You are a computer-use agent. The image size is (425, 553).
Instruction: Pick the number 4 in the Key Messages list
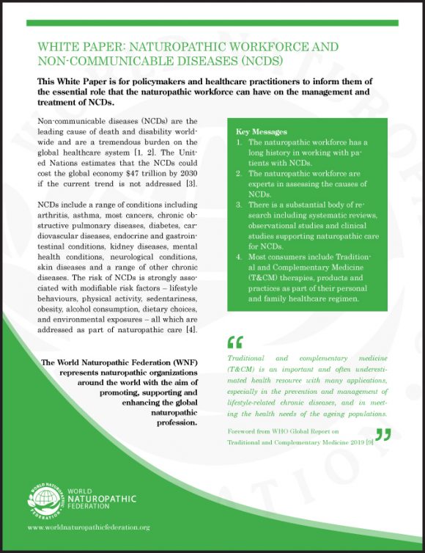click(237, 257)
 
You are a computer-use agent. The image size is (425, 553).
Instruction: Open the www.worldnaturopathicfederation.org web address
click(88, 527)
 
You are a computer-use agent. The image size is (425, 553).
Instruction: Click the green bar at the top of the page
click(212, 23)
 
